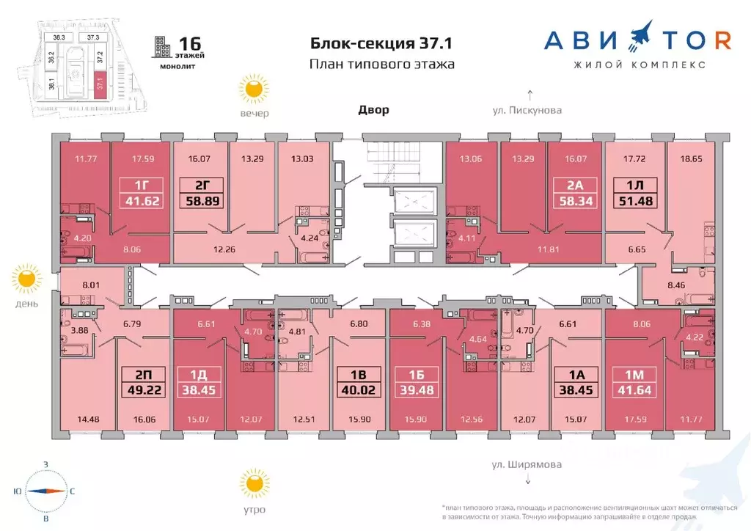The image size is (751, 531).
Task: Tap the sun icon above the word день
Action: (x=27, y=279)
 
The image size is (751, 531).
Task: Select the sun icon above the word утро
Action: (x=254, y=484)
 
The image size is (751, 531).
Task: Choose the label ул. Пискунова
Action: (x=527, y=111)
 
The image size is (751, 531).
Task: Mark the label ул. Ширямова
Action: (x=527, y=464)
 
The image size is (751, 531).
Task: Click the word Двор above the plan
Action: (x=373, y=110)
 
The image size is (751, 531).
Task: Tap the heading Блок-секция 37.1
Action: (x=381, y=43)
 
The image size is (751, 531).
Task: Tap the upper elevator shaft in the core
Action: (x=414, y=200)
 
